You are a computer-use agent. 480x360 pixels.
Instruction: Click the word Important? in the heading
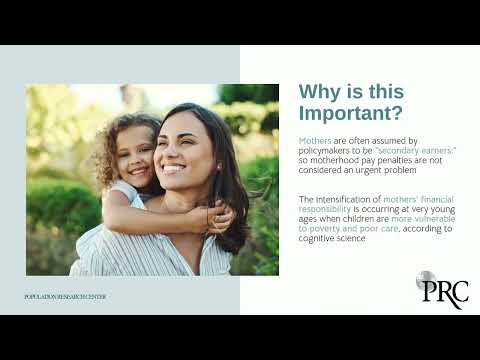pyautogui.click(x=351, y=112)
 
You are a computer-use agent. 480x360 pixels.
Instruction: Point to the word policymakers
pyautogui.click(x=326, y=150)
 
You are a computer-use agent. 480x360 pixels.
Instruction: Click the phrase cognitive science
pyautogui.click(x=335, y=238)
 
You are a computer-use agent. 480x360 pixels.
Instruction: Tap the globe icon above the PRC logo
pyautogui.click(x=426, y=280)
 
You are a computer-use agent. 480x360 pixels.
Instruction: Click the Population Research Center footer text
pyautogui.click(x=65, y=297)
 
